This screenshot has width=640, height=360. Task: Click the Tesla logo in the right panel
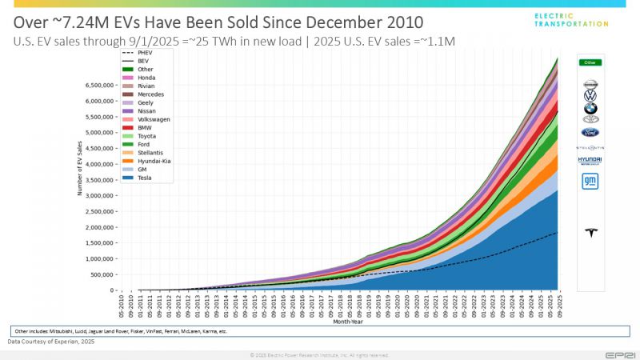click(590, 233)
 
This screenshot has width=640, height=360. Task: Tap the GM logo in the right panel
click(590, 181)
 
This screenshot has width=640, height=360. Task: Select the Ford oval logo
click(590, 132)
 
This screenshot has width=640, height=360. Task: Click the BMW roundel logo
click(590, 108)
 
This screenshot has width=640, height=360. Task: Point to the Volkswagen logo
click(590, 96)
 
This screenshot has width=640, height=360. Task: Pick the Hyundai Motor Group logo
click(590, 161)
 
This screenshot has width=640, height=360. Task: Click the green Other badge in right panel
click(590, 62)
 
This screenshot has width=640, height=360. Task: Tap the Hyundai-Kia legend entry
click(152, 161)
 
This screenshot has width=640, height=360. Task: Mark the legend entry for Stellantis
click(150, 152)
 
